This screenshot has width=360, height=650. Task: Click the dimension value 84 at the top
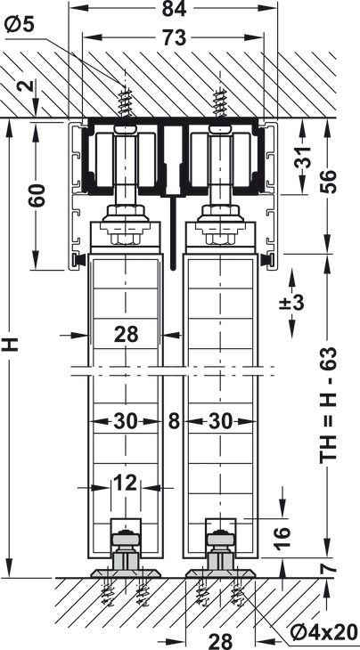174,9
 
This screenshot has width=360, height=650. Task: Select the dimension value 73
174,38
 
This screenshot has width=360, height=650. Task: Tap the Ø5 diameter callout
19,25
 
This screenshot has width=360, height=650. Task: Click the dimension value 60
37,194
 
